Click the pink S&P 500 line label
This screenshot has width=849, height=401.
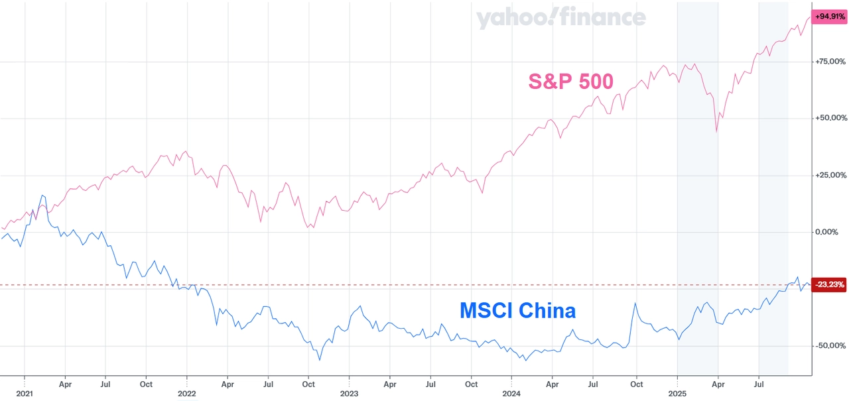click(x=570, y=82)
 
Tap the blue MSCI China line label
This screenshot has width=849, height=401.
click(x=517, y=310)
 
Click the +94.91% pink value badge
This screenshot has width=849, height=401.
click(x=830, y=17)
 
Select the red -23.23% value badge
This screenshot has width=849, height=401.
click(x=830, y=285)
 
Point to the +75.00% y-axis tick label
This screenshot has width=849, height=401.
click(x=830, y=62)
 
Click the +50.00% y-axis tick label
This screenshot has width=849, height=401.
click(x=830, y=119)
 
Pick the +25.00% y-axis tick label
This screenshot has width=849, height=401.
click(x=830, y=176)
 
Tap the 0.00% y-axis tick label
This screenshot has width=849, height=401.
click(x=832, y=232)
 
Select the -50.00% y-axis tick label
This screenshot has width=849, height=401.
click(x=830, y=346)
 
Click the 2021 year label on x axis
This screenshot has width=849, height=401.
click(x=24, y=393)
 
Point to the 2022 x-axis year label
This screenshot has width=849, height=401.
click(x=186, y=393)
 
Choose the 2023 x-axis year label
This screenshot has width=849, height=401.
click(x=349, y=393)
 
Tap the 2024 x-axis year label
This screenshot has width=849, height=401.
click(x=511, y=393)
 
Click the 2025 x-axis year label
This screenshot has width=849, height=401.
click(x=677, y=393)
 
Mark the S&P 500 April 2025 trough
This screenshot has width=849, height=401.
click(x=717, y=131)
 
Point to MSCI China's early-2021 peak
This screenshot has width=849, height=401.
click(x=42, y=196)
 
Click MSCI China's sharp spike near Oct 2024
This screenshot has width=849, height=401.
click(x=635, y=304)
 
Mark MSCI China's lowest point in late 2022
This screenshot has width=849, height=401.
click(x=320, y=360)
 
